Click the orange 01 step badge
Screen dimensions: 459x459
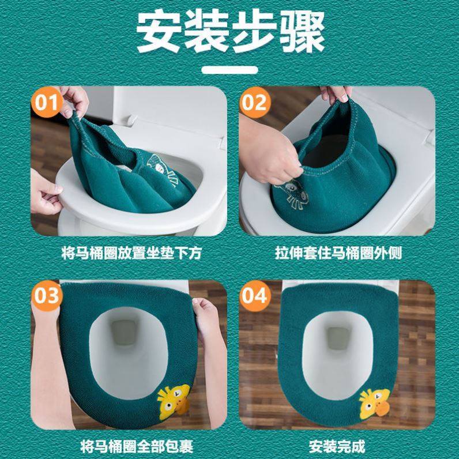[x=47, y=102]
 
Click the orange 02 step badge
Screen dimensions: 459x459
[x=255, y=102]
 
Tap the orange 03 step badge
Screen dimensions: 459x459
[x=47, y=296]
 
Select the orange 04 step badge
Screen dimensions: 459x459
[x=255, y=296]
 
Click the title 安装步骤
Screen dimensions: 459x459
[x=231, y=31]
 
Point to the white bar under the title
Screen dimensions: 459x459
[x=230, y=70]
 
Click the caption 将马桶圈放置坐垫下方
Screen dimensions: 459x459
[x=131, y=253]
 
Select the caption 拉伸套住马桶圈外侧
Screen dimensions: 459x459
[x=338, y=253]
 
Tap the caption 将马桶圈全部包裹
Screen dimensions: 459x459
[x=137, y=447]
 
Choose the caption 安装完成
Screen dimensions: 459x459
[x=337, y=447]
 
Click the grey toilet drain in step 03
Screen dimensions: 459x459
[x=124, y=332]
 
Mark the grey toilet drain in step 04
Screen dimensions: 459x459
[x=338, y=337]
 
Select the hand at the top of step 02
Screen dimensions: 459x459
[x=336, y=93]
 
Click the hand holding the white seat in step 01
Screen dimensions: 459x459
[x=46, y=193]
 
